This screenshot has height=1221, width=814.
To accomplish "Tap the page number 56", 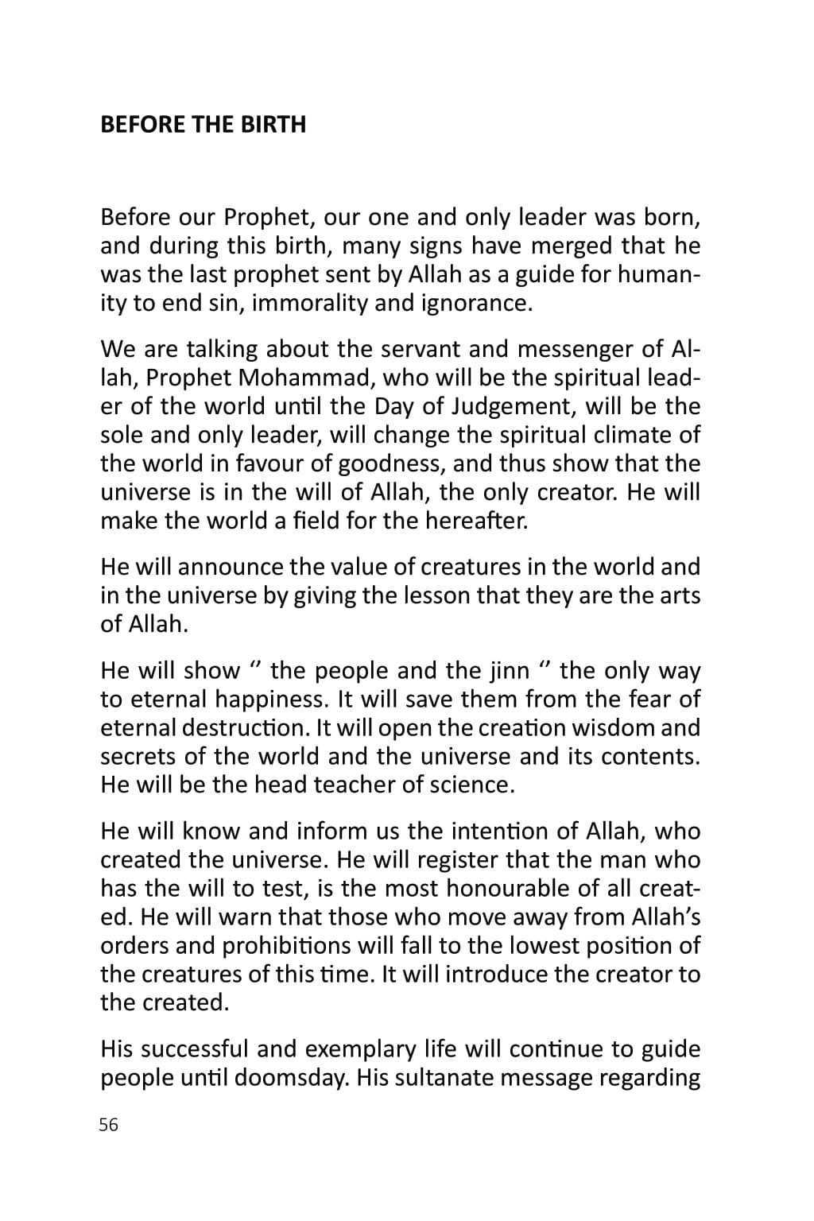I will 109,1125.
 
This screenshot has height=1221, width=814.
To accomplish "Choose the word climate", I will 630,435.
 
